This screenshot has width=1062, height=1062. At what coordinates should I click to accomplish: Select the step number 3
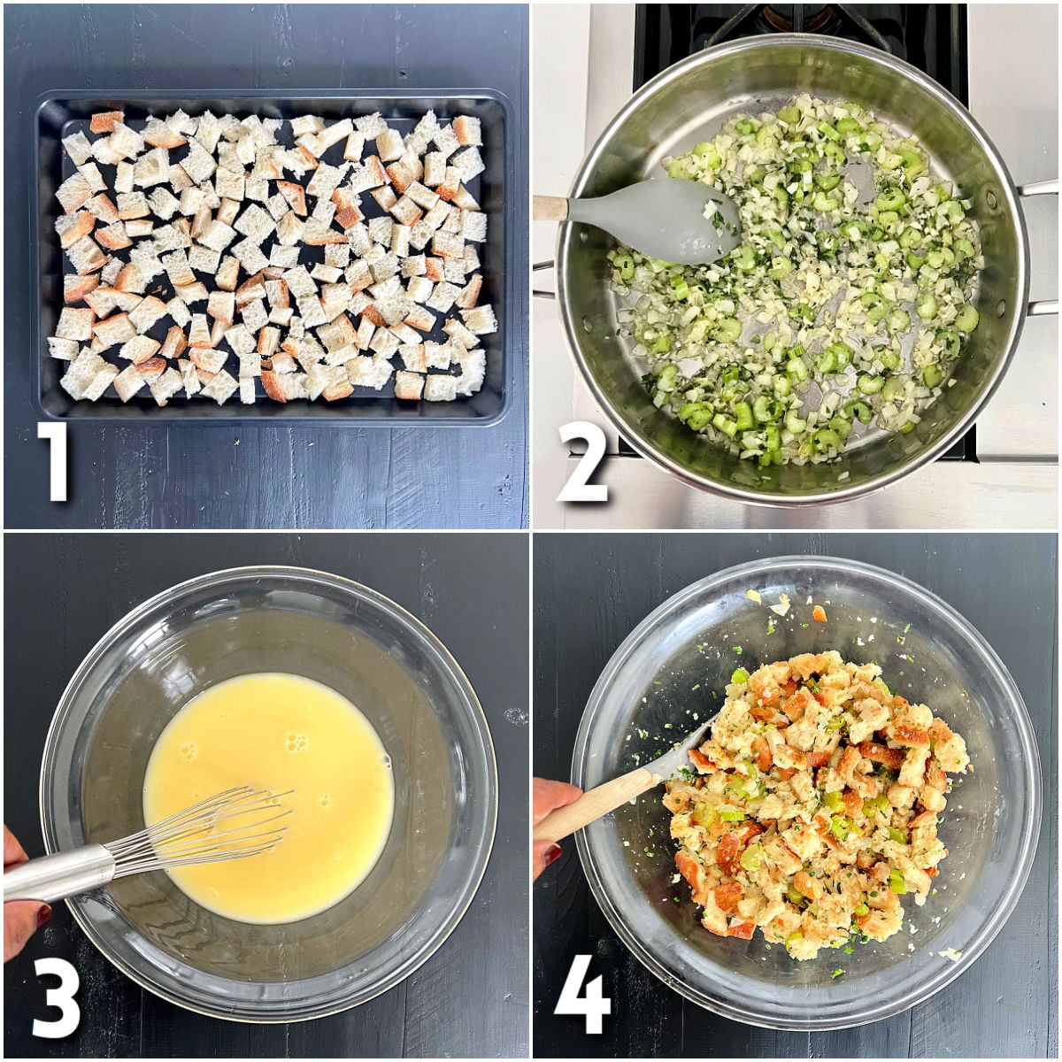56,996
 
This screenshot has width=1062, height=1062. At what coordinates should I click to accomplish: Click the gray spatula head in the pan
655,218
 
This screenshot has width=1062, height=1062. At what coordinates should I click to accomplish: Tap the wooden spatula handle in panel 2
549,208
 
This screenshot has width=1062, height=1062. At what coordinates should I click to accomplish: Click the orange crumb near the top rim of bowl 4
820,612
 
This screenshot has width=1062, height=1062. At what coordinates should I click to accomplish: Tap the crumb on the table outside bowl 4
950,953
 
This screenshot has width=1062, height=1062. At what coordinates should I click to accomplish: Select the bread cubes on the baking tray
265,257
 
